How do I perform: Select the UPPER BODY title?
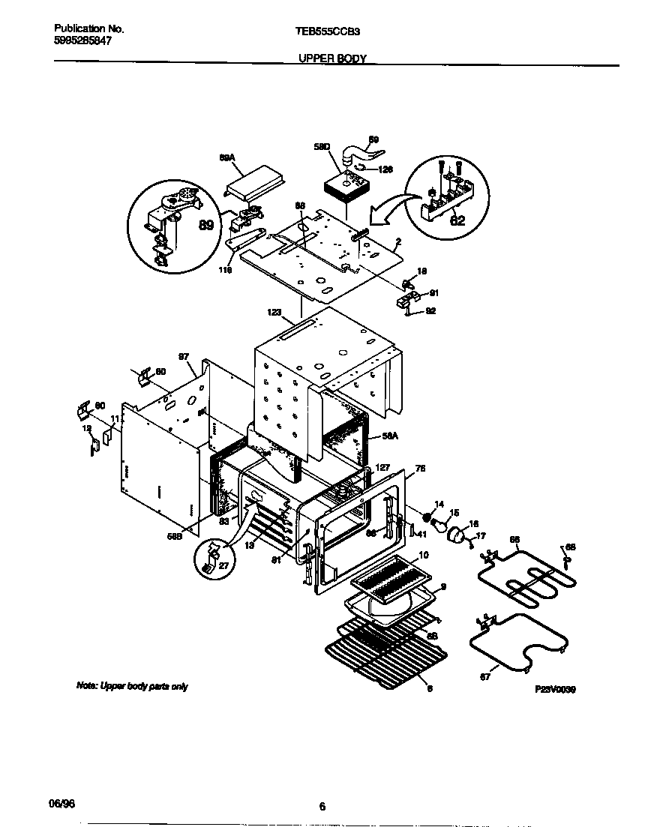tap(332, 58)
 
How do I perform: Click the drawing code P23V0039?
tap(554, 688)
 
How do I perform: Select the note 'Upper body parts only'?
tap(132, 686)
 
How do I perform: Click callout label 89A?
tap(227, 158)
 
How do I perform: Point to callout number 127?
tap(382, 468)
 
